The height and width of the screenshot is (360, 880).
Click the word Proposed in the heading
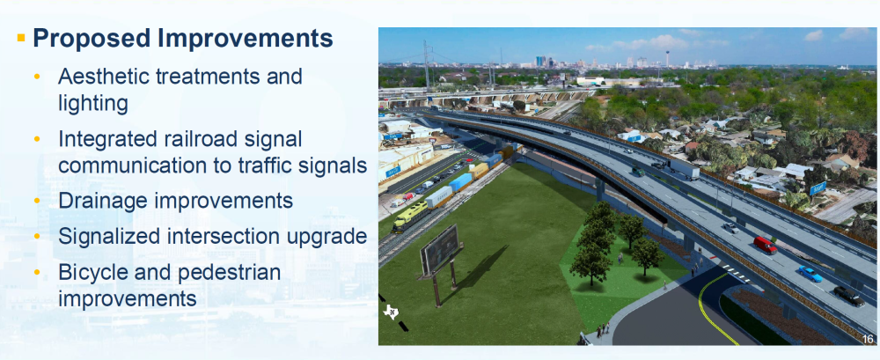pos(92,39)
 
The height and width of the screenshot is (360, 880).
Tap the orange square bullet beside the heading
pos(21,38)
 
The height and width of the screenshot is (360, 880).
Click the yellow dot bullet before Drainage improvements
pos(38,201)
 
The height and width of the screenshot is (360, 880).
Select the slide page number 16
pos(867,339)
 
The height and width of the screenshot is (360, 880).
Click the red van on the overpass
pos(765,245)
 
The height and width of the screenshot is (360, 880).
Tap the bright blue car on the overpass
pos(810,274)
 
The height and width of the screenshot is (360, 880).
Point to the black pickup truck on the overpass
pos(849,296)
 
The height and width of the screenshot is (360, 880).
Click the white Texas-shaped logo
pos(391,311)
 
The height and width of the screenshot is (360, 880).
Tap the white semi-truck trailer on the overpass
pos(683,168)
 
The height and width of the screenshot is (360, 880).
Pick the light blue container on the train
pos(460,182)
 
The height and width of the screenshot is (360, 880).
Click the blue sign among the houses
pos(818,188)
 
